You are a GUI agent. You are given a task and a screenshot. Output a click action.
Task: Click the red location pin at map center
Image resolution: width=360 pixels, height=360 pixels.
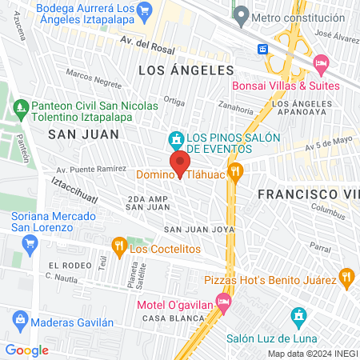180,163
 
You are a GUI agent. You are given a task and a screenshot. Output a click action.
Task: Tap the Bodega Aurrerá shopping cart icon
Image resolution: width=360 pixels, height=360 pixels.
145,10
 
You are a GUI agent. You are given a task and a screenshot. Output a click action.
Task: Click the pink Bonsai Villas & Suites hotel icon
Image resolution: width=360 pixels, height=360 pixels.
321,62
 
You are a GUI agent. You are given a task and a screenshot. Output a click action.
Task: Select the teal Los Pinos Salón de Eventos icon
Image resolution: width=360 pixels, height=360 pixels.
176,140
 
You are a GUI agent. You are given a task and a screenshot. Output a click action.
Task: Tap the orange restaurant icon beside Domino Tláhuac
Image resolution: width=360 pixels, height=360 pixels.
235,170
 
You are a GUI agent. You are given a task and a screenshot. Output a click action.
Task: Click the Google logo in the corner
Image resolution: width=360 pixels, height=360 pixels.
27,350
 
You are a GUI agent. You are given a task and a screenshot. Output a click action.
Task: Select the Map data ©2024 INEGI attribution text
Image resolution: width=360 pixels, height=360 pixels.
312,353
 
